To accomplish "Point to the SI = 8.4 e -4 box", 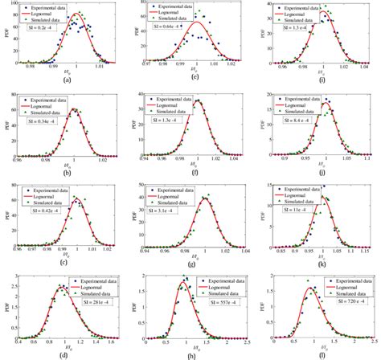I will pos(298,122).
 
